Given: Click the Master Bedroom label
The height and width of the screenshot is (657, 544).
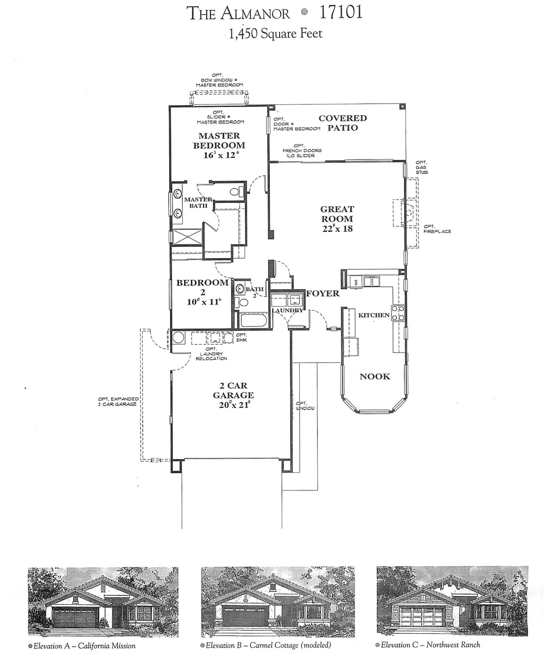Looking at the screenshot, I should pyautogui.click(x=219, y=140).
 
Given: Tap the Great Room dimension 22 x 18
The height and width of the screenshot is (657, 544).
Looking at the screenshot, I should pyautogui.click(x=337, y=229).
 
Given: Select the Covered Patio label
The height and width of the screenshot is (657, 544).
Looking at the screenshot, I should pyautogui.click(x=343, y=123).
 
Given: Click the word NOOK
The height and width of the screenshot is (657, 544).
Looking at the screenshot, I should pyautogui.click(x=375, y=376).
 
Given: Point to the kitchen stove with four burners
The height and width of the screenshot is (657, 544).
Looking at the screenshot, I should pyautogui.click(x=398, y=313).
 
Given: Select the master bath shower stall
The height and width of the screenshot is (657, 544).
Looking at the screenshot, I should pyautogui.click(x=187, y=236).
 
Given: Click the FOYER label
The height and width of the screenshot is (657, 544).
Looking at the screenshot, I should pyautogui.click(x=323, y=293).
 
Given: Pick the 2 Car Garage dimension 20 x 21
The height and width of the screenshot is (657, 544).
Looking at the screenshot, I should pyautogui.click(x=234, y=405).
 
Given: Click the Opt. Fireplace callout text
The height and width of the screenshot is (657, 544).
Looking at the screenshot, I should pyautogui.click(x=437, y=229).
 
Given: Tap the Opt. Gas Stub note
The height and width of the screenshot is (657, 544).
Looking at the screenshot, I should pyautogui.click(x=421, y=167).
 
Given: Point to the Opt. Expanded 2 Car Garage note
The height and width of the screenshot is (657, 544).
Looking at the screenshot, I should pyautogui.click(x=118, y=401).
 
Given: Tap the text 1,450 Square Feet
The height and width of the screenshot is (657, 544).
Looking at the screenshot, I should pyautogui.click(x=275, y=34).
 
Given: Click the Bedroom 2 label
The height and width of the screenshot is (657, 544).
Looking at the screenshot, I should pyautogui.click(x=202, y=287).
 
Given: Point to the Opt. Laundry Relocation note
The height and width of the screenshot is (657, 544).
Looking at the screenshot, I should pyautogui.click(x=211, y=354).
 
